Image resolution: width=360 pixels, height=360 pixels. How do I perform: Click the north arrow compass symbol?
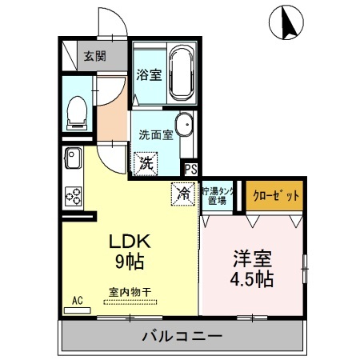[285, 23]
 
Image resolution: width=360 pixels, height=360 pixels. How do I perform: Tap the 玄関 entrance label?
[94, 56]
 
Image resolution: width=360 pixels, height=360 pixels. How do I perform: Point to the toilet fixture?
[78, 111]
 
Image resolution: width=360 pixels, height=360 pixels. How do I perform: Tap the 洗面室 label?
[155, 134]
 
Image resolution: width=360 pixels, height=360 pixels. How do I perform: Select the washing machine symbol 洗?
[146, 163]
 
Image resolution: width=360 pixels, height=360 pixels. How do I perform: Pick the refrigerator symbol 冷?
[183, 193]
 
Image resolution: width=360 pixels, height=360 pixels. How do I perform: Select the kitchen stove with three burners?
[74, 195]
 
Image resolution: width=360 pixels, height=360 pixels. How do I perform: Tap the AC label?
[78, 300]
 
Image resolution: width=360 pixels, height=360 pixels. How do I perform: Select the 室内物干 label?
[127, 292]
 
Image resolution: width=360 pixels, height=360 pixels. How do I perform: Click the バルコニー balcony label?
[182, 335]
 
